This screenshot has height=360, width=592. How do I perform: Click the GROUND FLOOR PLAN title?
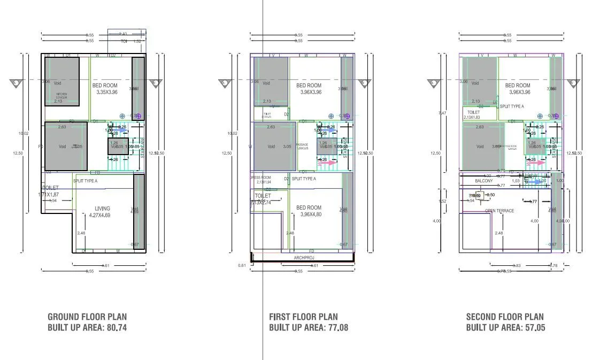point(87,317)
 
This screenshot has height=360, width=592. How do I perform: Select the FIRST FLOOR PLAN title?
point(303,317)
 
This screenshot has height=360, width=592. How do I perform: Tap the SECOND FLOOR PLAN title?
point(505,317)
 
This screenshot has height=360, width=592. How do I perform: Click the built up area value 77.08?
point(337,327)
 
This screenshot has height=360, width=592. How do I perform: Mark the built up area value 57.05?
point(535,327)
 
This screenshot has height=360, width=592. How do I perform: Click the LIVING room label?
point(103,209)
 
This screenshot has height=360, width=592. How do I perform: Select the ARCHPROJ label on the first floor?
point(304,258)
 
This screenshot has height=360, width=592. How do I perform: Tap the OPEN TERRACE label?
point(499,211)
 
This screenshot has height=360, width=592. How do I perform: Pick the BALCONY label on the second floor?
point(484,181)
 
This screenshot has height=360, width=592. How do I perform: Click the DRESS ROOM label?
point(261,178)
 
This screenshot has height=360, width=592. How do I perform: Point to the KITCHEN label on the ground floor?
point(62,94)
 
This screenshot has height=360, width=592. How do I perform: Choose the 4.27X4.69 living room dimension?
point(103,215)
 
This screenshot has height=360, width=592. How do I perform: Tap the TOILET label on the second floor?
point(473,112)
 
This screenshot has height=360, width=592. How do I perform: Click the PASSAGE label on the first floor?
point(303,144)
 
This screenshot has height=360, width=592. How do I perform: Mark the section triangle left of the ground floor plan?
point(16,83)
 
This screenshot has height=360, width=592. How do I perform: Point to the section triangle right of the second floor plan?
point(573,83)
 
